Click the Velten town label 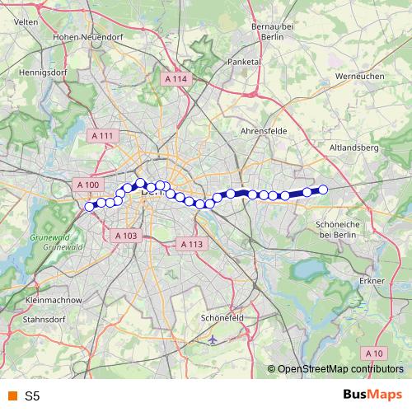click(25, 22)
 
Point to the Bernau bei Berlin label click(271, 31)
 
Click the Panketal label click(244, 61)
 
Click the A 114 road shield click(176, 79)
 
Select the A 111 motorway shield click(104, 135)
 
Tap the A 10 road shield click(374, 353)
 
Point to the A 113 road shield click(190, 244)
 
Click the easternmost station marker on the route click(323, 190)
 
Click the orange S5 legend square click(12, 396)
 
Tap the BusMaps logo click(372, 396)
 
